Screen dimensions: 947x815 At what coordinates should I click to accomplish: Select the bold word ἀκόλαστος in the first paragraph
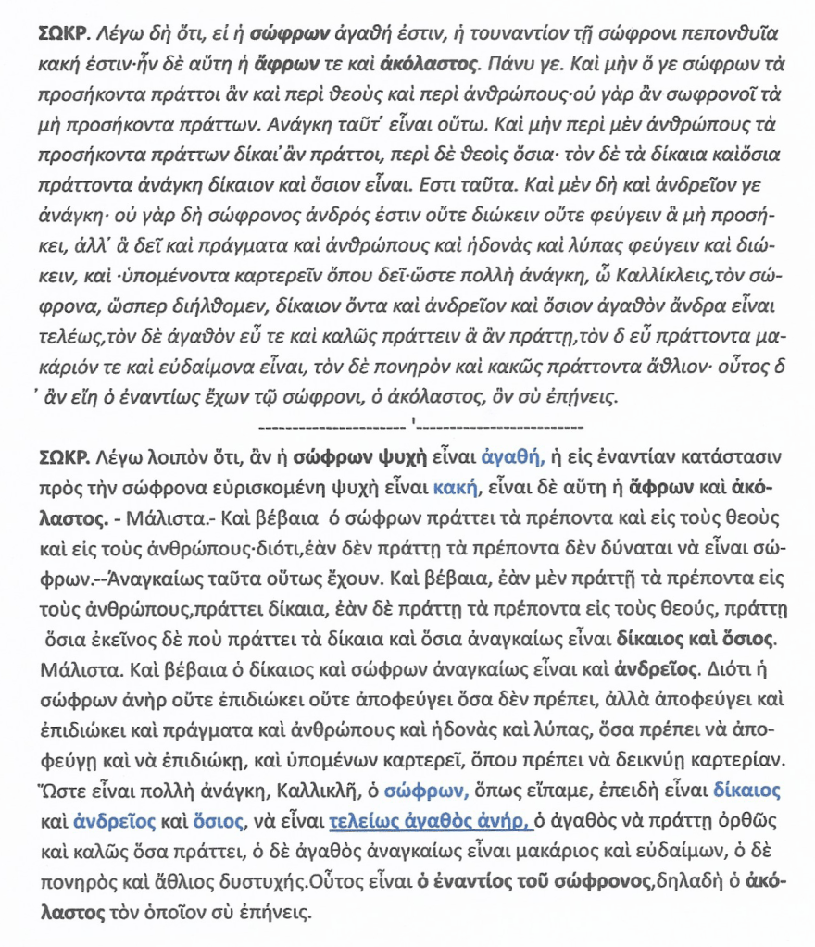(x=429, y=65)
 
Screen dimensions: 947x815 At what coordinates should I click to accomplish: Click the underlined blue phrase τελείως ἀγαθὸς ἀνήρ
(x=431, y=821)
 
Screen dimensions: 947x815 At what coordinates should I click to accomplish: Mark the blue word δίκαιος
(x=746, y=791)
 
